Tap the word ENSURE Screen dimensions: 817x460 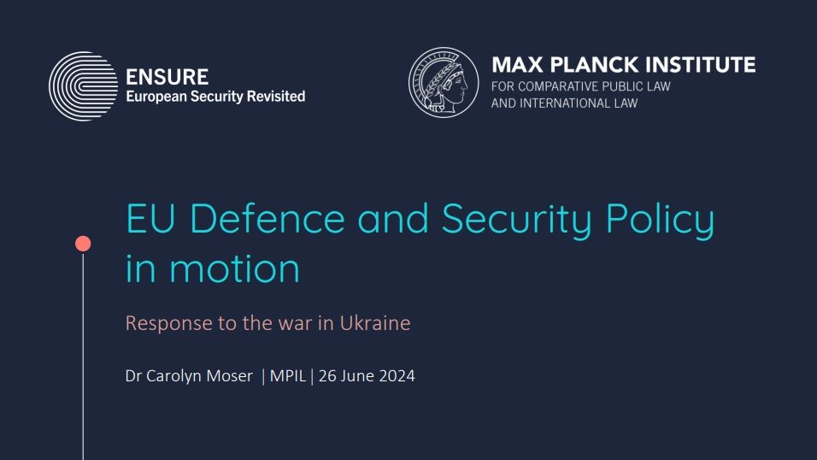pyautogui.click(x=167, y=77)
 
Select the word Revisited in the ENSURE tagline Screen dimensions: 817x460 pyautogui.click(x=276, y=97)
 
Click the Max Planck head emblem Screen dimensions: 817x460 pyautogui.click(x=444, y=82)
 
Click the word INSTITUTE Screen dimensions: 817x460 pyautogui.click(x=700, y=65)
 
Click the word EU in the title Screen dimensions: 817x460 pyautogui.click(x=150, y=219)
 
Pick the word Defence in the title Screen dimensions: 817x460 pyautogui.click(x=267, y=219)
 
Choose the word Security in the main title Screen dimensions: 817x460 pyautogui.click(x=517, y=220)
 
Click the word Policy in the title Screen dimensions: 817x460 pyautogui.click(x=660, y=220)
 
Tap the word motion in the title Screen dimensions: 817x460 pyautogui.click(x=234, y=268)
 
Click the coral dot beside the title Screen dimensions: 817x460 pyautogui.click(x=83, y=244)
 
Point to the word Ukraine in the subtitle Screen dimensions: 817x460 pyautogui.click(x=375, y=323)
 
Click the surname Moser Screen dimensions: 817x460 pyautogui.click(x=229, y=375)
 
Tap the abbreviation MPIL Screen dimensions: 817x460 pyautogui.click(x=288, y=375)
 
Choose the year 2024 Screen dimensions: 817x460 pyautogui.click(x=397, y=375)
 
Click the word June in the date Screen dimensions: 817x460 pyautogui.click(x=357, y=375)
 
